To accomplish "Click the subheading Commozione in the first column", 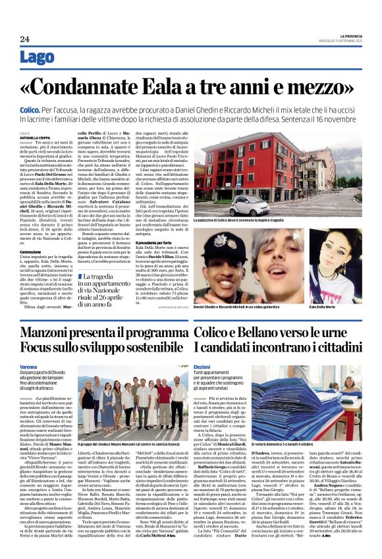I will pos(31,252).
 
